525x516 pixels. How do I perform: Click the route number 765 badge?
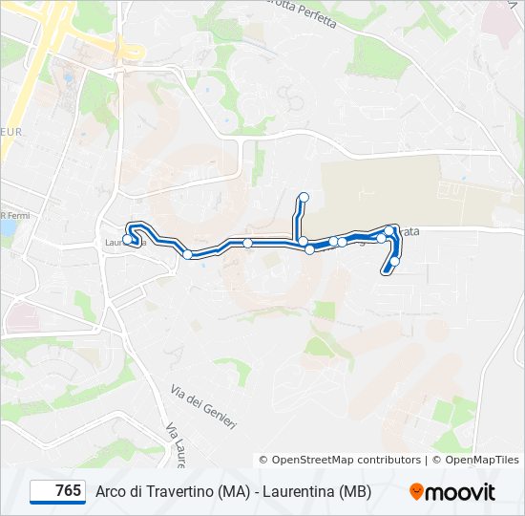click(x=58, y=491)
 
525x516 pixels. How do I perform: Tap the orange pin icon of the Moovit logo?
click(x=417, y=492)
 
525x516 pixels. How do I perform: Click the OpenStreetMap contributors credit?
click(x=346, y=460)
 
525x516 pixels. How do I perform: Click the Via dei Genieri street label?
click(x=203, y=406)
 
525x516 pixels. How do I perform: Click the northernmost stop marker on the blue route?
click(x=304, y=198)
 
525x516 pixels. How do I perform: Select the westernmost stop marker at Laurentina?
click(x=128, y=240)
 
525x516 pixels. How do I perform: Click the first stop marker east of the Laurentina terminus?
click(x=189, y=254)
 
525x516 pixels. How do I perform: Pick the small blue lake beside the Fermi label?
click(x=9, y=228)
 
